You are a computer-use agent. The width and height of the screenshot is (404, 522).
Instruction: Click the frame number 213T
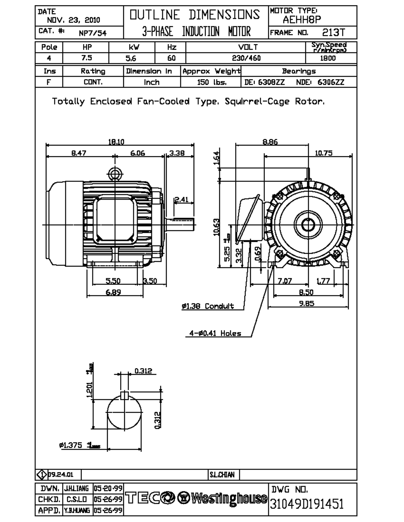click(x=333, y=33)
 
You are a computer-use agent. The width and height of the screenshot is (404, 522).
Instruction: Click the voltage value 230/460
click(x=246, y=58)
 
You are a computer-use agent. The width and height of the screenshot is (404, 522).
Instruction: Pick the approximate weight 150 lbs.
click(x=211, y=82)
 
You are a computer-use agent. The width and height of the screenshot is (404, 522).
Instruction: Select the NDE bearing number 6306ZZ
click(x=331, y=82)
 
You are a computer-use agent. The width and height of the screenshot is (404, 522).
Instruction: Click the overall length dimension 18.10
click(x=116, y=142)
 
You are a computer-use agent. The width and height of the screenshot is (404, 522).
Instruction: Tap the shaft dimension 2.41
click(x=182, y=199)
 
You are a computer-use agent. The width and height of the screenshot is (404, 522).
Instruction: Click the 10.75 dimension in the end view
click(x=323, y=153)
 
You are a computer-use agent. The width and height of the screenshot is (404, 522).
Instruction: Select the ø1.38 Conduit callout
click(x=208, y=306)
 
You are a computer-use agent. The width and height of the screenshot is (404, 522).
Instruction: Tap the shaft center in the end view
click(x=308, y=224)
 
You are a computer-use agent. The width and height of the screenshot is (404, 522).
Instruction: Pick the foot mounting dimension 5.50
click(x=113, y=281)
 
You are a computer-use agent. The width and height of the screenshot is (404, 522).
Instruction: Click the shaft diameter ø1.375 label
click(x=71, y=445)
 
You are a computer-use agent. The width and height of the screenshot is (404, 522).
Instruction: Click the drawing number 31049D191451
click(x=307, y=504)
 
